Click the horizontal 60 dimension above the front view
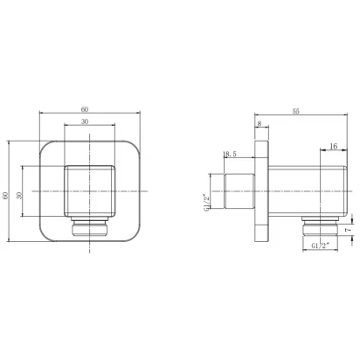85,109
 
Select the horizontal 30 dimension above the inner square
85,121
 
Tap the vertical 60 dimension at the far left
5,196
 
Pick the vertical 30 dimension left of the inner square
19,196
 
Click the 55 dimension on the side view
296,111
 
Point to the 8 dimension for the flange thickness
260,123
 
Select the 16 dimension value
334,146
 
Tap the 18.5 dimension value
230,154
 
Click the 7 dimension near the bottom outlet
348,230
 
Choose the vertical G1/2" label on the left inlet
206,202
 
